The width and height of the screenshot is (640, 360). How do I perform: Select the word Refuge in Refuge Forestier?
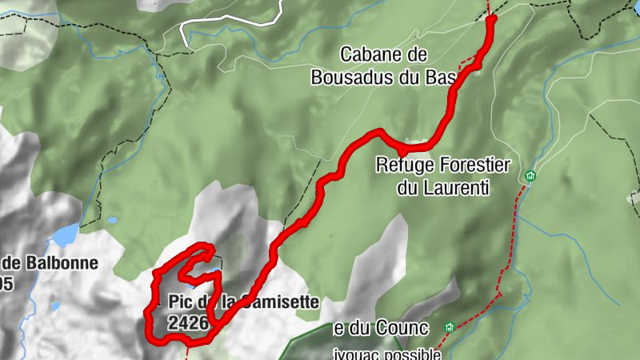point(404,166)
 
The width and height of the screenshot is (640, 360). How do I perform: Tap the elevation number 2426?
point(188,323)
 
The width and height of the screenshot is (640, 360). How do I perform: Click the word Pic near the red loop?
point(181,302)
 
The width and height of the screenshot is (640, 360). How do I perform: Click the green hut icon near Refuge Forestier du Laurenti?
point(530,175)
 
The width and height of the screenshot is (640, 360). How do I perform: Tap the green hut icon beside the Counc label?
point(450,327)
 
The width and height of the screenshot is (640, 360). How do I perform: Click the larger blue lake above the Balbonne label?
point(65,235)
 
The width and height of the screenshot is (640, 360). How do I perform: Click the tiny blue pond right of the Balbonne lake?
point(112,220)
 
